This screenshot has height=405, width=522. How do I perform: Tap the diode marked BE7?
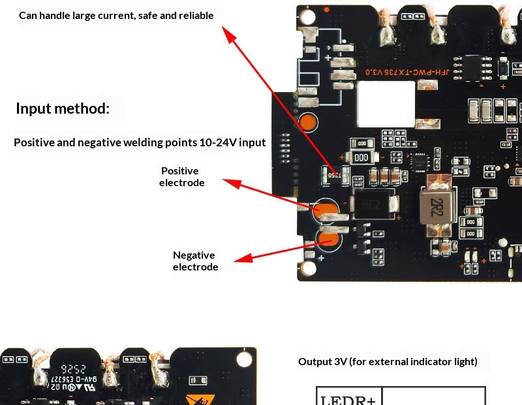370,205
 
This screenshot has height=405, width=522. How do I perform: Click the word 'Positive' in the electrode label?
180,171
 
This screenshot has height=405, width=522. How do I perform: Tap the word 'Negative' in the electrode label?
194,255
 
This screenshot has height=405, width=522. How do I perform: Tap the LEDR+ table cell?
348,397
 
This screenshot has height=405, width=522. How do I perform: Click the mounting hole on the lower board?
244,359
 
